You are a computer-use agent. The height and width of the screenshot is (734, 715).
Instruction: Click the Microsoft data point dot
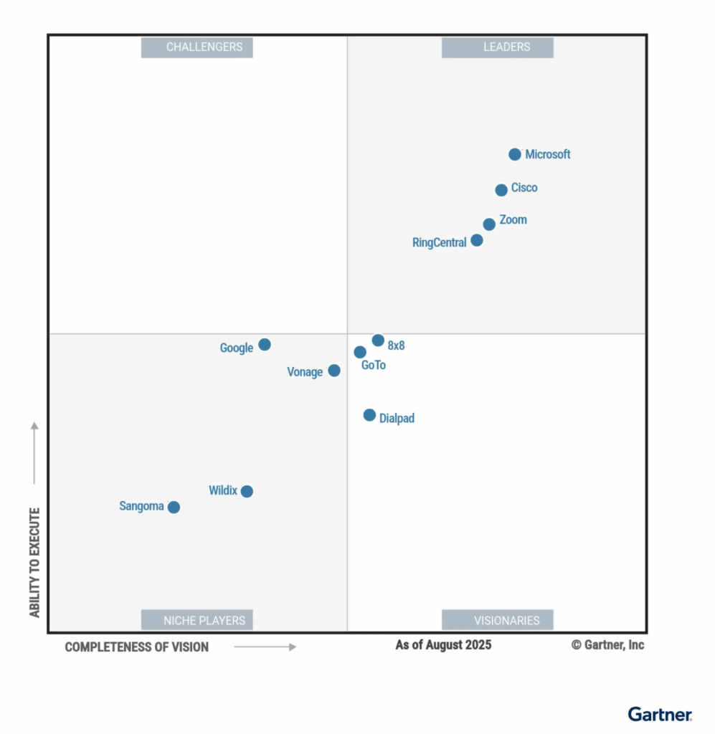[515, 154]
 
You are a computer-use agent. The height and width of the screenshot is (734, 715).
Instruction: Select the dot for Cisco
[501, 190]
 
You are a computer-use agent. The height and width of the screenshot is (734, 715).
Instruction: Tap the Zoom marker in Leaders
[489, 224]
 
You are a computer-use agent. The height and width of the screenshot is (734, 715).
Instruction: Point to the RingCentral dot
[477, 240]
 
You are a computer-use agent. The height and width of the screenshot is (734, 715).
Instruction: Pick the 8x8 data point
[378, 340]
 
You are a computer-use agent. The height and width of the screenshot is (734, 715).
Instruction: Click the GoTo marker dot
[360, 352]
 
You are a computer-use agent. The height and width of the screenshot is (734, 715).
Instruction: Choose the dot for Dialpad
[369, 415]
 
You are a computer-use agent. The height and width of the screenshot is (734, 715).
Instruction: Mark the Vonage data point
[334, 371]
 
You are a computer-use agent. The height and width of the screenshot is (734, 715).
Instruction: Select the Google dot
[265, 345]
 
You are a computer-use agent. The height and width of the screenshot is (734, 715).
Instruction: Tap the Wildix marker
[247, 491]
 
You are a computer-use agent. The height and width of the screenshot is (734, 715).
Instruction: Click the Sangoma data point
[174, 507]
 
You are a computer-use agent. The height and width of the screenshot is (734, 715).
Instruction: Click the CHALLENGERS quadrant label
[197, 47]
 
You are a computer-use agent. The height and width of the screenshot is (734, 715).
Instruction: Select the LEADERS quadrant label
[498, 47]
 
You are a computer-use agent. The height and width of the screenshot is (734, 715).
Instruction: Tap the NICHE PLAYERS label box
[197, 620]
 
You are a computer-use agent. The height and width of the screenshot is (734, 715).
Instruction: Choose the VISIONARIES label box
[498, 620]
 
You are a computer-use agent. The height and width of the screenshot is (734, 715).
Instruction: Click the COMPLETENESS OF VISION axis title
[137, 647]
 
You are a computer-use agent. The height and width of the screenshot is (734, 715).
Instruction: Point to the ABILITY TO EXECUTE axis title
[34, 563]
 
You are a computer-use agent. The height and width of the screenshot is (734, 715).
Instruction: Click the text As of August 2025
[443, 645]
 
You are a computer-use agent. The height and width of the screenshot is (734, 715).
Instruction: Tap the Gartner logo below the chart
[660, 714]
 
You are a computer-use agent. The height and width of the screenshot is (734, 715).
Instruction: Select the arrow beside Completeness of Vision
[265, 647]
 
